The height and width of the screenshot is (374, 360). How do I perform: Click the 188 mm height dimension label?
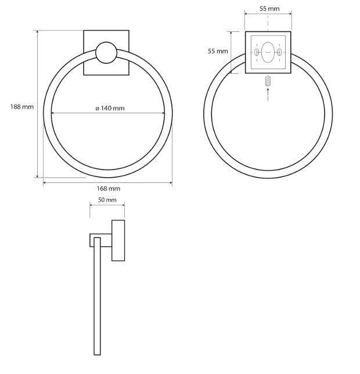[x=22, y=107]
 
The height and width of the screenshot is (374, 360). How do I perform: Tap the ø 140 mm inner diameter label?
[x=110, y=108]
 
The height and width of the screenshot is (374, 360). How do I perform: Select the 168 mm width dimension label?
[x=108, y=189]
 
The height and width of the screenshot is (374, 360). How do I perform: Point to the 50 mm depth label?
[x=107, y=200]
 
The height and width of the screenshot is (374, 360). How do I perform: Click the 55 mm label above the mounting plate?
[x=269, y=9]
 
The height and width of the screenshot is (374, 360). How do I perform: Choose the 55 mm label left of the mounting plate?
[x=218, y=51]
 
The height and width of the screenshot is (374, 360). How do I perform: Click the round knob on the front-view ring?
[x=106, y=53]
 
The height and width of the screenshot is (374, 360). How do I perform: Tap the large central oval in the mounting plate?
[x=268, y=52]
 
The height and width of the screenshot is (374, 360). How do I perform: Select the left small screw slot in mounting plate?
[x=257, y=52]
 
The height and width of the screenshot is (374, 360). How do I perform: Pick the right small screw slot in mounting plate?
[x=279, y=52]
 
